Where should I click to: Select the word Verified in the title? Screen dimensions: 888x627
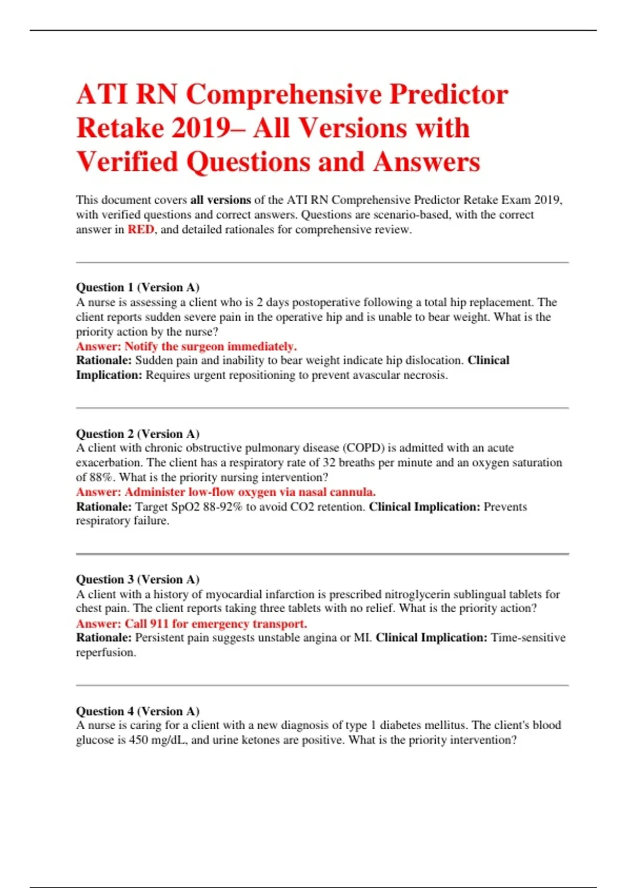(x=127, y=162)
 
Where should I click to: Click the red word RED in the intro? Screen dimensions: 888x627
(x=141, y=229)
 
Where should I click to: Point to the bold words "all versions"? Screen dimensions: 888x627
(x=220, y=200)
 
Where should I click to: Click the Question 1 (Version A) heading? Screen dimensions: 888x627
(x=137, y=287)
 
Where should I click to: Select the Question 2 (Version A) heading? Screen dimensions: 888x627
(x=137, y=434)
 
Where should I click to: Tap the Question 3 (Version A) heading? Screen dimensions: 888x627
(x=137, y=579)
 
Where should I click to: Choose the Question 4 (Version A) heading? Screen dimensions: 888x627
(x=137, y=711)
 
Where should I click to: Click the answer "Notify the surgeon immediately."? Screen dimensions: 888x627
(x=187, y=346)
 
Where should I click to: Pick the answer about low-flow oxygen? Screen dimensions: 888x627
(x=226, y=492)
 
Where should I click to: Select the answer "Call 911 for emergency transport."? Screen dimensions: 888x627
(x=192, y=624)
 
